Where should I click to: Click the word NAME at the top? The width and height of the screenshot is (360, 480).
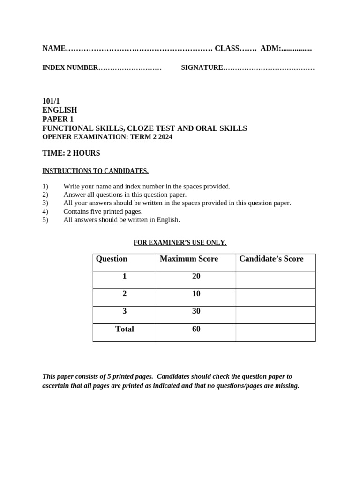[53, 48]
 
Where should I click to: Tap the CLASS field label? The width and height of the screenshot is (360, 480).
[227, 48]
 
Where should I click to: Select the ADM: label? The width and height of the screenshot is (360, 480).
[270, 48]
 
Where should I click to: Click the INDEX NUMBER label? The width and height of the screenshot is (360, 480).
[70, 67]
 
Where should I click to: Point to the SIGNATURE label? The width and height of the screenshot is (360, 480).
[202, 67]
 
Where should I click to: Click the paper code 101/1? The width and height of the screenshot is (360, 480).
[51, 101]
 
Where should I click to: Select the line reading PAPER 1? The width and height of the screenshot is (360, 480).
[58, 119]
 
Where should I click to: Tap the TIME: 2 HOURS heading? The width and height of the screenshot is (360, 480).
[71, 153]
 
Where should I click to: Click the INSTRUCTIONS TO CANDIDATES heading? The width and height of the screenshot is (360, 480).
[95, 171]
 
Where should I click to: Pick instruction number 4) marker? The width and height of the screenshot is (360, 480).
[45, 211]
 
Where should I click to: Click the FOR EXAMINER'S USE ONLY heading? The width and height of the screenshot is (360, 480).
[180, 242]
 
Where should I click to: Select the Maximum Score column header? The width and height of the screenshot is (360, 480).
[189, 259]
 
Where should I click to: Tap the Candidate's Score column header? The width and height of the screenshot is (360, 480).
[271, 259]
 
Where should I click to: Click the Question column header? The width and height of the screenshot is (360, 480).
[112, 259]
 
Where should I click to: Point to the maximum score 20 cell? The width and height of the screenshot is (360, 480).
[196, 277]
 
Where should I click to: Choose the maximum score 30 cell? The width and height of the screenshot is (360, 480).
[196, 311]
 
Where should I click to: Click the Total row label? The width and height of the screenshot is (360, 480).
[125, 329]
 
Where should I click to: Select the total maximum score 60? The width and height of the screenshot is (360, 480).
[196, 329]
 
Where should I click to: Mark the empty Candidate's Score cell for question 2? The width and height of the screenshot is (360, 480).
[276, 297]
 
